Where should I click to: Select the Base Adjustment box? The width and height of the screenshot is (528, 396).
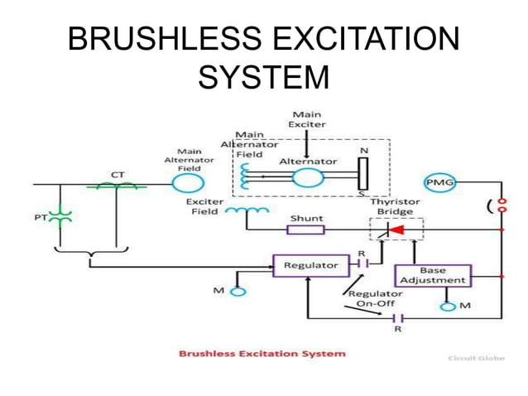tap(432, 275)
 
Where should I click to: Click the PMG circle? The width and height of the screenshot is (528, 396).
tap(440, 182)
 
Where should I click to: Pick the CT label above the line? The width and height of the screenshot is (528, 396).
tap(119, 175)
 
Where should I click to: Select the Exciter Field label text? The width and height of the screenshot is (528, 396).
tap(201, 206)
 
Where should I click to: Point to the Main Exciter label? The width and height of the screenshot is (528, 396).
tap(306, 118)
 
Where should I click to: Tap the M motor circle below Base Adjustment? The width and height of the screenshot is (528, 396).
tap(447, 307)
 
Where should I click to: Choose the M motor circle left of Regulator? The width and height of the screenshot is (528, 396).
tap(238, 291)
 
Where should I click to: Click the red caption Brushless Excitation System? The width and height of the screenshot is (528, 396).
tap(262, 354)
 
